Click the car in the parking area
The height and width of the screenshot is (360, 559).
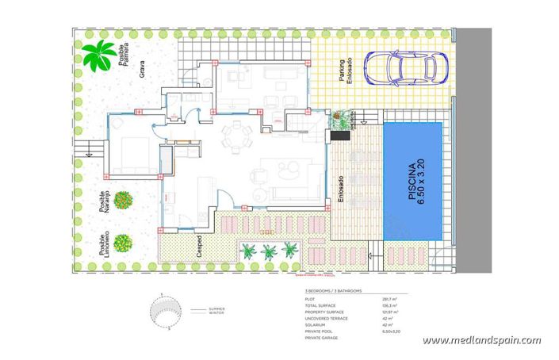coord(407,65)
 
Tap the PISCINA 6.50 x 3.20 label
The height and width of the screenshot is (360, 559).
coord(413,181)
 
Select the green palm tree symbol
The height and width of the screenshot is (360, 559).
coord(98,56)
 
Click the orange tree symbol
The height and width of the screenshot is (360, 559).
coord(122,200)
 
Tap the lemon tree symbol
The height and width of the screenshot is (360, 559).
coord(122,243)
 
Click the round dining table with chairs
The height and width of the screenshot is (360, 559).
coord(234,136)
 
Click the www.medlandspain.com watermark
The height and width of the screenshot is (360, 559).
coord(481,341)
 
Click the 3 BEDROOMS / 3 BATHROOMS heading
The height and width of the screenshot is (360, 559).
coord(334,292)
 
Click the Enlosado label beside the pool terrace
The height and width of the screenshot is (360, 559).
coord(341,190)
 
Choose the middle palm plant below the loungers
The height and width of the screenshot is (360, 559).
coord(270,251)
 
